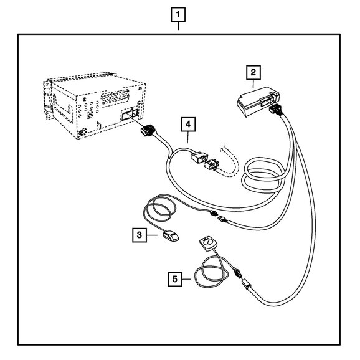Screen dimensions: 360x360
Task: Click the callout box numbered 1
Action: [178, 15]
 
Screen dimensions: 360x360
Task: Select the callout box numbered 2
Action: [253, 72]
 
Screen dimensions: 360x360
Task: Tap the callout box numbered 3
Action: [140, 235]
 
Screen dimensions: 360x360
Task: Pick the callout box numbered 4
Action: [188, 124]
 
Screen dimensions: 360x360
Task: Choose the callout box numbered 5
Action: [175, 279]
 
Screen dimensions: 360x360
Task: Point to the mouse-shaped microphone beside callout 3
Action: [171, 236]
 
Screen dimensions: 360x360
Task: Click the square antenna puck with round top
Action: [208, 243]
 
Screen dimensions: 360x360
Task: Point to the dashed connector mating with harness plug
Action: [212, 164]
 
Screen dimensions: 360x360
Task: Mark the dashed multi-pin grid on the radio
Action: [115, 98]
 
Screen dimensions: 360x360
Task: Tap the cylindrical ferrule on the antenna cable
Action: [247, 283]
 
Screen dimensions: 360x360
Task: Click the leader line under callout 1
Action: [178, 26]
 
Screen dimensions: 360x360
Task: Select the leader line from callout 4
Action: [188, 137]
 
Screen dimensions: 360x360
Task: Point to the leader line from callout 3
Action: [152, 235]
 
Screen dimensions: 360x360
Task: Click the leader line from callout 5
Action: [186, 279]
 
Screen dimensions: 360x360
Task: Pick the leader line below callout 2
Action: [253, 83]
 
